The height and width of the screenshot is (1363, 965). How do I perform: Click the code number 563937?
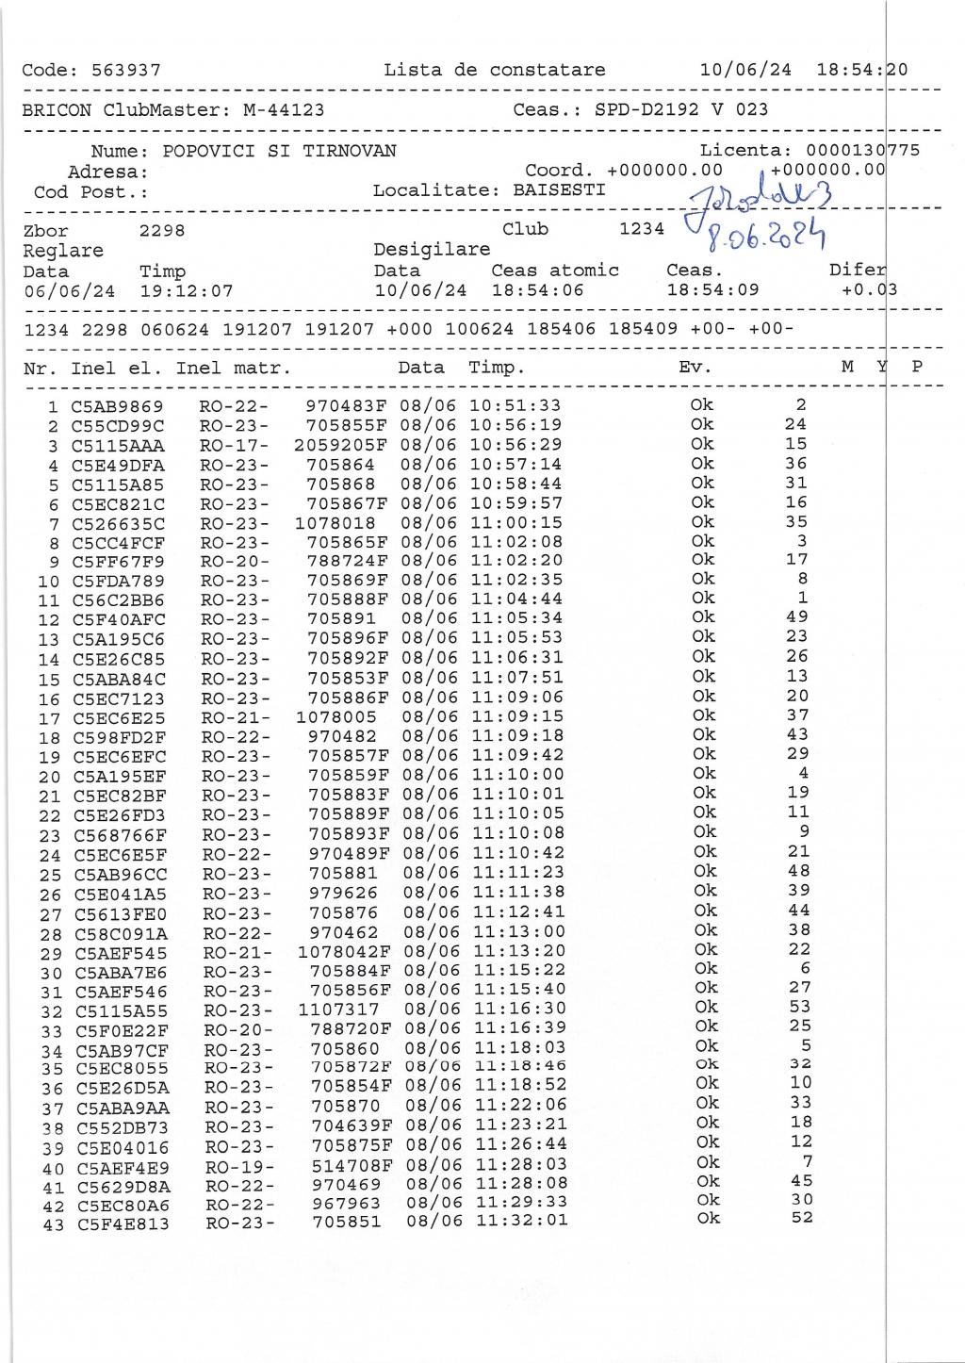click(x=125, y=71)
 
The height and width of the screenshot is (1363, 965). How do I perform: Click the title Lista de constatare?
click(x=495, y=71)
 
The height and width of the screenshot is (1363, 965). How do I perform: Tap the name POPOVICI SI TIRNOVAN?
click(x=279, y=152)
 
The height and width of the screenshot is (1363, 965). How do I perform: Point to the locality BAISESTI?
click(x=559, y=190)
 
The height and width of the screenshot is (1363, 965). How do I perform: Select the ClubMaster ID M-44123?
click(x=284, y=110)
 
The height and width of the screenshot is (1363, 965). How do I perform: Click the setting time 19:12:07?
click(x=186, y=291)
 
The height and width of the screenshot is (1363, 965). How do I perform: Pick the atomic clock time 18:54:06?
click(x=537, y=291)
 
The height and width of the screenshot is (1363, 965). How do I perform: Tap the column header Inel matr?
click(x=233, y=369)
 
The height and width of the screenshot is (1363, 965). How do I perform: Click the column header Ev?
click(x=695, y=369)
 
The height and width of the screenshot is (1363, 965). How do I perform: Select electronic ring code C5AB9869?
click(x=117, y=407)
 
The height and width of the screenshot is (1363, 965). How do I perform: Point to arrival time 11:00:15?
click(x=516, y=523)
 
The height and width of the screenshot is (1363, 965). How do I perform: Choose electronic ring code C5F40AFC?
click(x=118, y=620)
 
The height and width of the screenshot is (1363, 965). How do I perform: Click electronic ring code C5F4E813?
click(x=123, y=1225)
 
